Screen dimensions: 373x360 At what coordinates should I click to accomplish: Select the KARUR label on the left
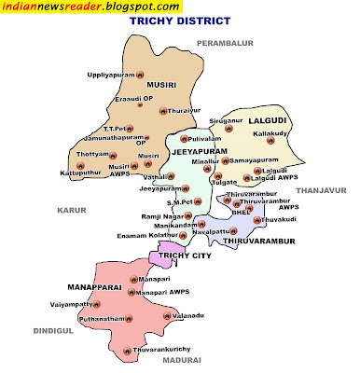click(x=71, y=211)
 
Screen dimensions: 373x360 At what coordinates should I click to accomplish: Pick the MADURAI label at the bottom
click(x=181, y=358)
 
